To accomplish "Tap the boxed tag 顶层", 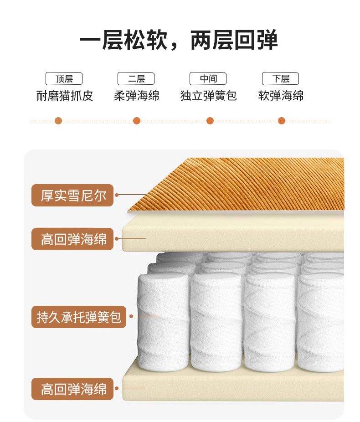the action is pos(64,78).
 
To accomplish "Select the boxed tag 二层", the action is pos(136,78).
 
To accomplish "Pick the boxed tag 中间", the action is pos(208,78).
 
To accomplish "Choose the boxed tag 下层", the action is pos(280,78).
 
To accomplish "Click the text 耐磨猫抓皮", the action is pos(65,96).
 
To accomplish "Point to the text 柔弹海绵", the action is pos(136,96).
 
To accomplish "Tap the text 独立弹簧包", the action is pos(209,96).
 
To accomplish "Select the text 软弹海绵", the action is pos(281,96).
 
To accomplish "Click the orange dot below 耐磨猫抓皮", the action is pos(58,121).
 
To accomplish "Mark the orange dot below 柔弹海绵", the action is pos(137,121).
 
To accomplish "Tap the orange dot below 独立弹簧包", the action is pos(210,121).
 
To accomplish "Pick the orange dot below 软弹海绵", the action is pos(282,121).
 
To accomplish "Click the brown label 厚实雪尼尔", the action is pos(72,195).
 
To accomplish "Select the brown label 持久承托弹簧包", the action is pos(79,317).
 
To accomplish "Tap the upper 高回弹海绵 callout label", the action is pos(72,239).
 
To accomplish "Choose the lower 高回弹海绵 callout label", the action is pos(72,389).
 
